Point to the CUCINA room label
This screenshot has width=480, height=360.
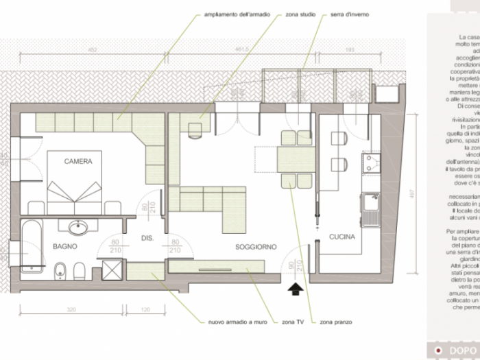(x=341, y=237)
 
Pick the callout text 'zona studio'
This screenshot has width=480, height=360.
(x=300, y=14)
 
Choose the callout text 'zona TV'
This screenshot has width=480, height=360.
(x=293, y=320)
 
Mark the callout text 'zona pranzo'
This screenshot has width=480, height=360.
(x=335, y=320)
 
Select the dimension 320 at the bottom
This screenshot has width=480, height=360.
(x=71, y=291)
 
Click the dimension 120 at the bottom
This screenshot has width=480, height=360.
(x=145, y=291)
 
